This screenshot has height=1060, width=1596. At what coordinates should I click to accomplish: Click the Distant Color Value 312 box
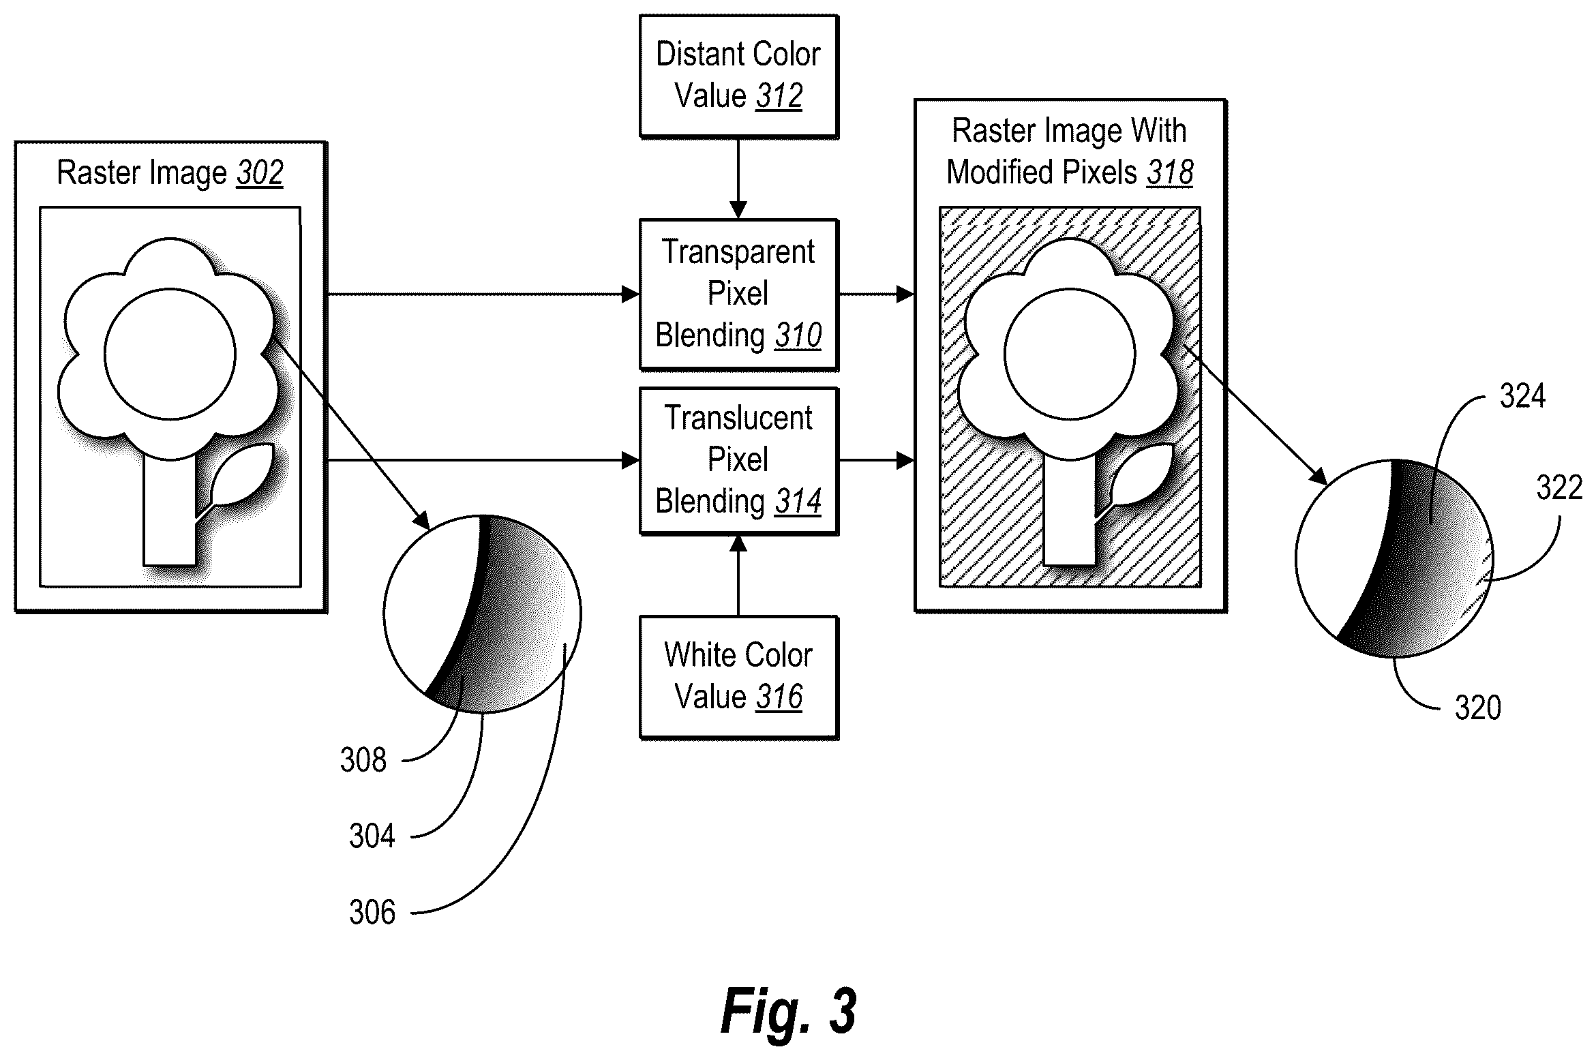[x=738, y=76]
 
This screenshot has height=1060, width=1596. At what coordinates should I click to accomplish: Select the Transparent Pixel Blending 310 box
[x=738, y=294]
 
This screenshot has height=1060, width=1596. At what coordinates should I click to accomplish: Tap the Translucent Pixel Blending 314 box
[x=738, y=461]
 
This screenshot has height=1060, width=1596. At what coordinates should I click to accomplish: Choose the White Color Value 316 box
[x=738, y=677]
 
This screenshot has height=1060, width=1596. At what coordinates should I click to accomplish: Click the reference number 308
[x=363, y=759]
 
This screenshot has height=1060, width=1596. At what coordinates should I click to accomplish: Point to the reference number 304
[x=372, y=836]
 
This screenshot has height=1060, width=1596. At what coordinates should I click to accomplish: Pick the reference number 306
[x=372, y=912]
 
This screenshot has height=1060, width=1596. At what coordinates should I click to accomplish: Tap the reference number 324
[x=1522, y=396]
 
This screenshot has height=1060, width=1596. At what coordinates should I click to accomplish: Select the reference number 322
[x=1559, y=488]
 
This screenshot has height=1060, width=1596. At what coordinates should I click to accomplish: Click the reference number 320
[x=1478, y=708]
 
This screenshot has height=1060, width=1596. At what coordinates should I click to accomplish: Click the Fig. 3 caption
[x=788, y=1012]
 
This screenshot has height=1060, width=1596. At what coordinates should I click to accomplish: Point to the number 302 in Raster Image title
[x=260, y=173]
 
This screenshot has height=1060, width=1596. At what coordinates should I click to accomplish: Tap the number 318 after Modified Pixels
[x=1170, y=172]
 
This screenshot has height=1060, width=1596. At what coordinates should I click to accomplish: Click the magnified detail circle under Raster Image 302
[x=482, y=614]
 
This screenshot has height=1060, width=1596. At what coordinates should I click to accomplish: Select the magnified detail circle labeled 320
[x=1394, y=558]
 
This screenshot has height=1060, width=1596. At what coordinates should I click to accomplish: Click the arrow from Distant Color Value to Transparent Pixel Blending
[x=738, y=179]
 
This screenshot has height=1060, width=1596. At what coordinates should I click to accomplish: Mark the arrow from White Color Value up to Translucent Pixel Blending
[x=738, y=576]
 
